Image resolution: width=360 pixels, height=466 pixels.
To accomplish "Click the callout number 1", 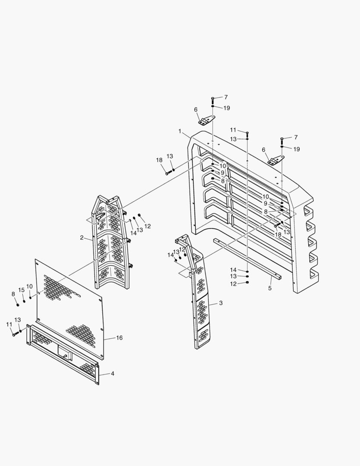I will point(179,130).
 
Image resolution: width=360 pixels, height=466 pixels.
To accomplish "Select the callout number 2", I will point(81,237).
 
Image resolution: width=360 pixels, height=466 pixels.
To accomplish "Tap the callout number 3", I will point(221,303).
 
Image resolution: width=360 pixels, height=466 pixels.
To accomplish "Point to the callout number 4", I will point(113,373).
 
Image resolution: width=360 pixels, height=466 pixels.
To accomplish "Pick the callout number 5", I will point(270,288).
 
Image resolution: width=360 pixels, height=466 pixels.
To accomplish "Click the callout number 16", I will point(119,338).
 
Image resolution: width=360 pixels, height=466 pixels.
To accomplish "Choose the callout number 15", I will point(22,290).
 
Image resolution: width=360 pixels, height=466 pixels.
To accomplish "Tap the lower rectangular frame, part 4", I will point(63,354).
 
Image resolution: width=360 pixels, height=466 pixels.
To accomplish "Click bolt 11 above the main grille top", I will point(247,134).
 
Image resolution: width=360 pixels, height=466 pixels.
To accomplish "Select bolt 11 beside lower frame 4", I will point(15,334).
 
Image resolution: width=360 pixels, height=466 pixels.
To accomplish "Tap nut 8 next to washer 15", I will point(18,305).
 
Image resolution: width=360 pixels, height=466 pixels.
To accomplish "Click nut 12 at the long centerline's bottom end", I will point(247,283).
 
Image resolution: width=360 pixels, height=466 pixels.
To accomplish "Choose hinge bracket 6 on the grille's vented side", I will point(273,161).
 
